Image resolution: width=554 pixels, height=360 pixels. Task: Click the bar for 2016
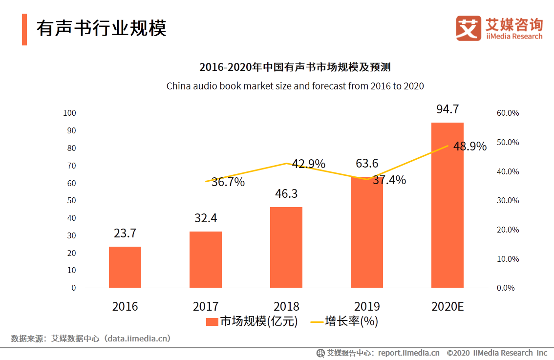pos(125,267)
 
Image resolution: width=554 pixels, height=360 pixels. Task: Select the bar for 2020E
pos(447,205)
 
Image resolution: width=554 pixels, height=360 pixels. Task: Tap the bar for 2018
pos(286,247)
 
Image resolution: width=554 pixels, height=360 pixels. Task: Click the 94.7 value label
pos(447,109)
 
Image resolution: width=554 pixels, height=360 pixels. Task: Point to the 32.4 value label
pos(206,218)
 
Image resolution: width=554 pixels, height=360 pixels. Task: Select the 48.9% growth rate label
pos(470,147)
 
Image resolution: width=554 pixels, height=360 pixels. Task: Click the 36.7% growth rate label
pos(228,182)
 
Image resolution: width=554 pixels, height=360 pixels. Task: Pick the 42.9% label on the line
pos(309,164)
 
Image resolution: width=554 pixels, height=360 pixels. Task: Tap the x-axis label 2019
pos(367,307)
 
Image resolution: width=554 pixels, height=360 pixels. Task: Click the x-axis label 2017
pos(206,307)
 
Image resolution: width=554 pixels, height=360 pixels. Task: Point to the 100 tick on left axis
pos(70,113)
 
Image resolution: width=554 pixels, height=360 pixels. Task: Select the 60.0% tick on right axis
pos(508,113)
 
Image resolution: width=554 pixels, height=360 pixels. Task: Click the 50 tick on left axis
pos(72,200)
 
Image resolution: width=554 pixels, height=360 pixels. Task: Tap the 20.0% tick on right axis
pos(508,230)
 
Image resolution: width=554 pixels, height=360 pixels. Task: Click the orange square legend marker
pos(212,321)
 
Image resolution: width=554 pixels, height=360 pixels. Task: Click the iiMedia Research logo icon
pos(469,28)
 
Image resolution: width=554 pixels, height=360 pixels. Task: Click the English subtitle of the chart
pos(295,86)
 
